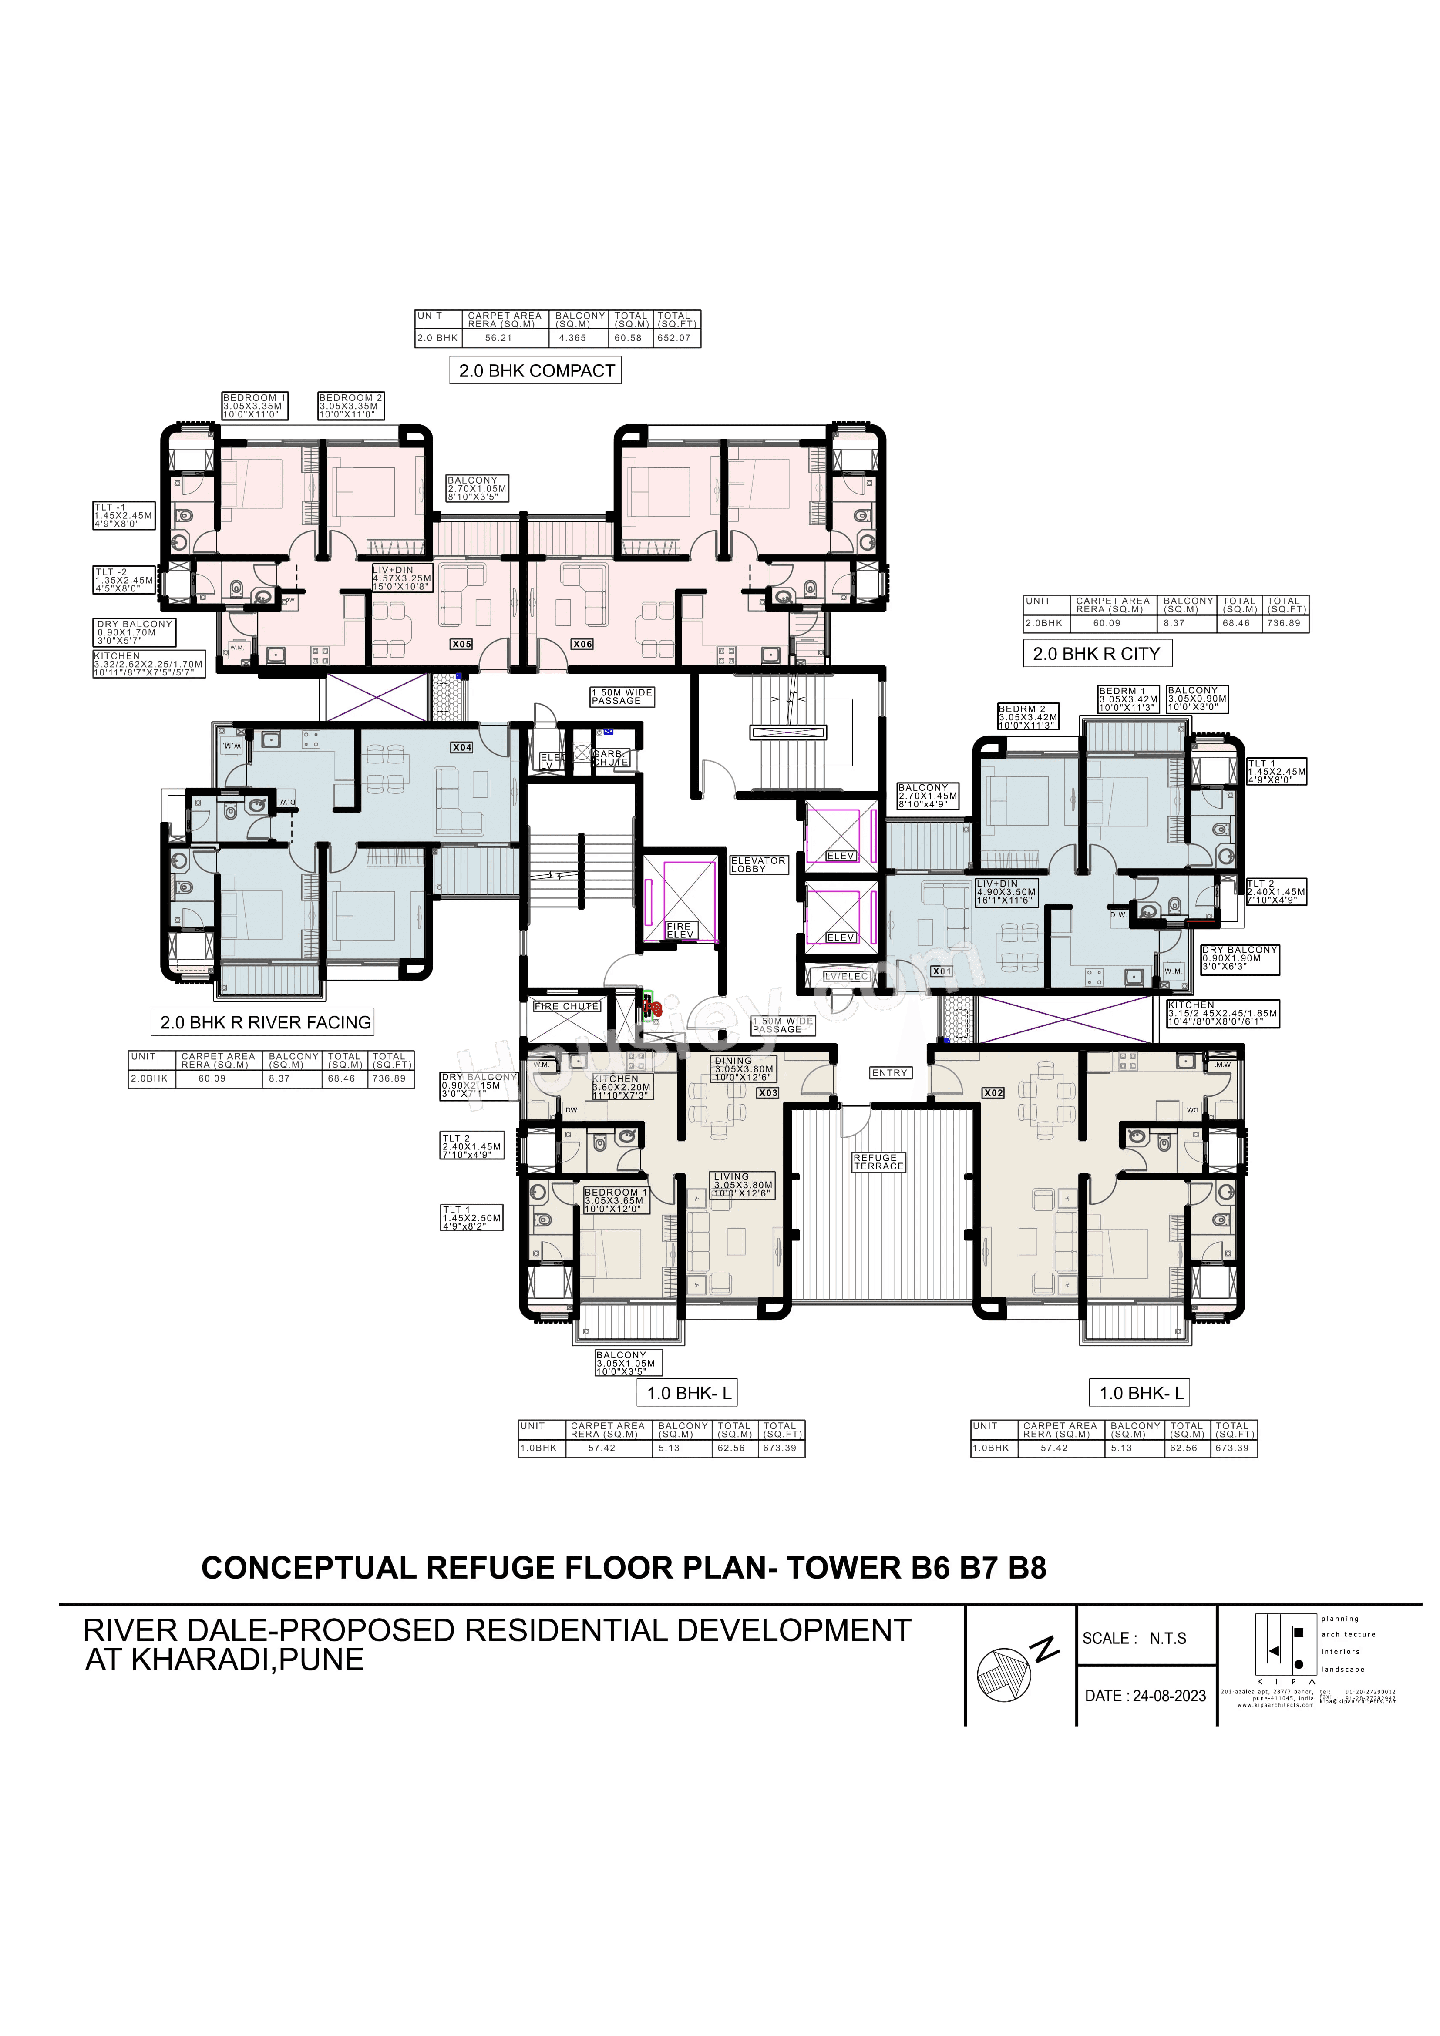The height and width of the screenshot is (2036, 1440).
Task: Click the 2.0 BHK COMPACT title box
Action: tap(535, 371)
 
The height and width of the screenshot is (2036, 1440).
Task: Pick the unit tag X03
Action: tap(768, 1093)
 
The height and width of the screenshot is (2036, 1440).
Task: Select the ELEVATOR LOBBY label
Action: tap(758, 865)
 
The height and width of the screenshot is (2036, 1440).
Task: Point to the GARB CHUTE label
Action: tap(610, 758)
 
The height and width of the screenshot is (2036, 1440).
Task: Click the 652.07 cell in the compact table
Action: tap(674, 338)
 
